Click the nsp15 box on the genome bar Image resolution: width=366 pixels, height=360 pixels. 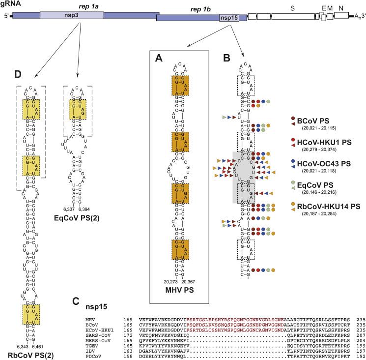point(230,18)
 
